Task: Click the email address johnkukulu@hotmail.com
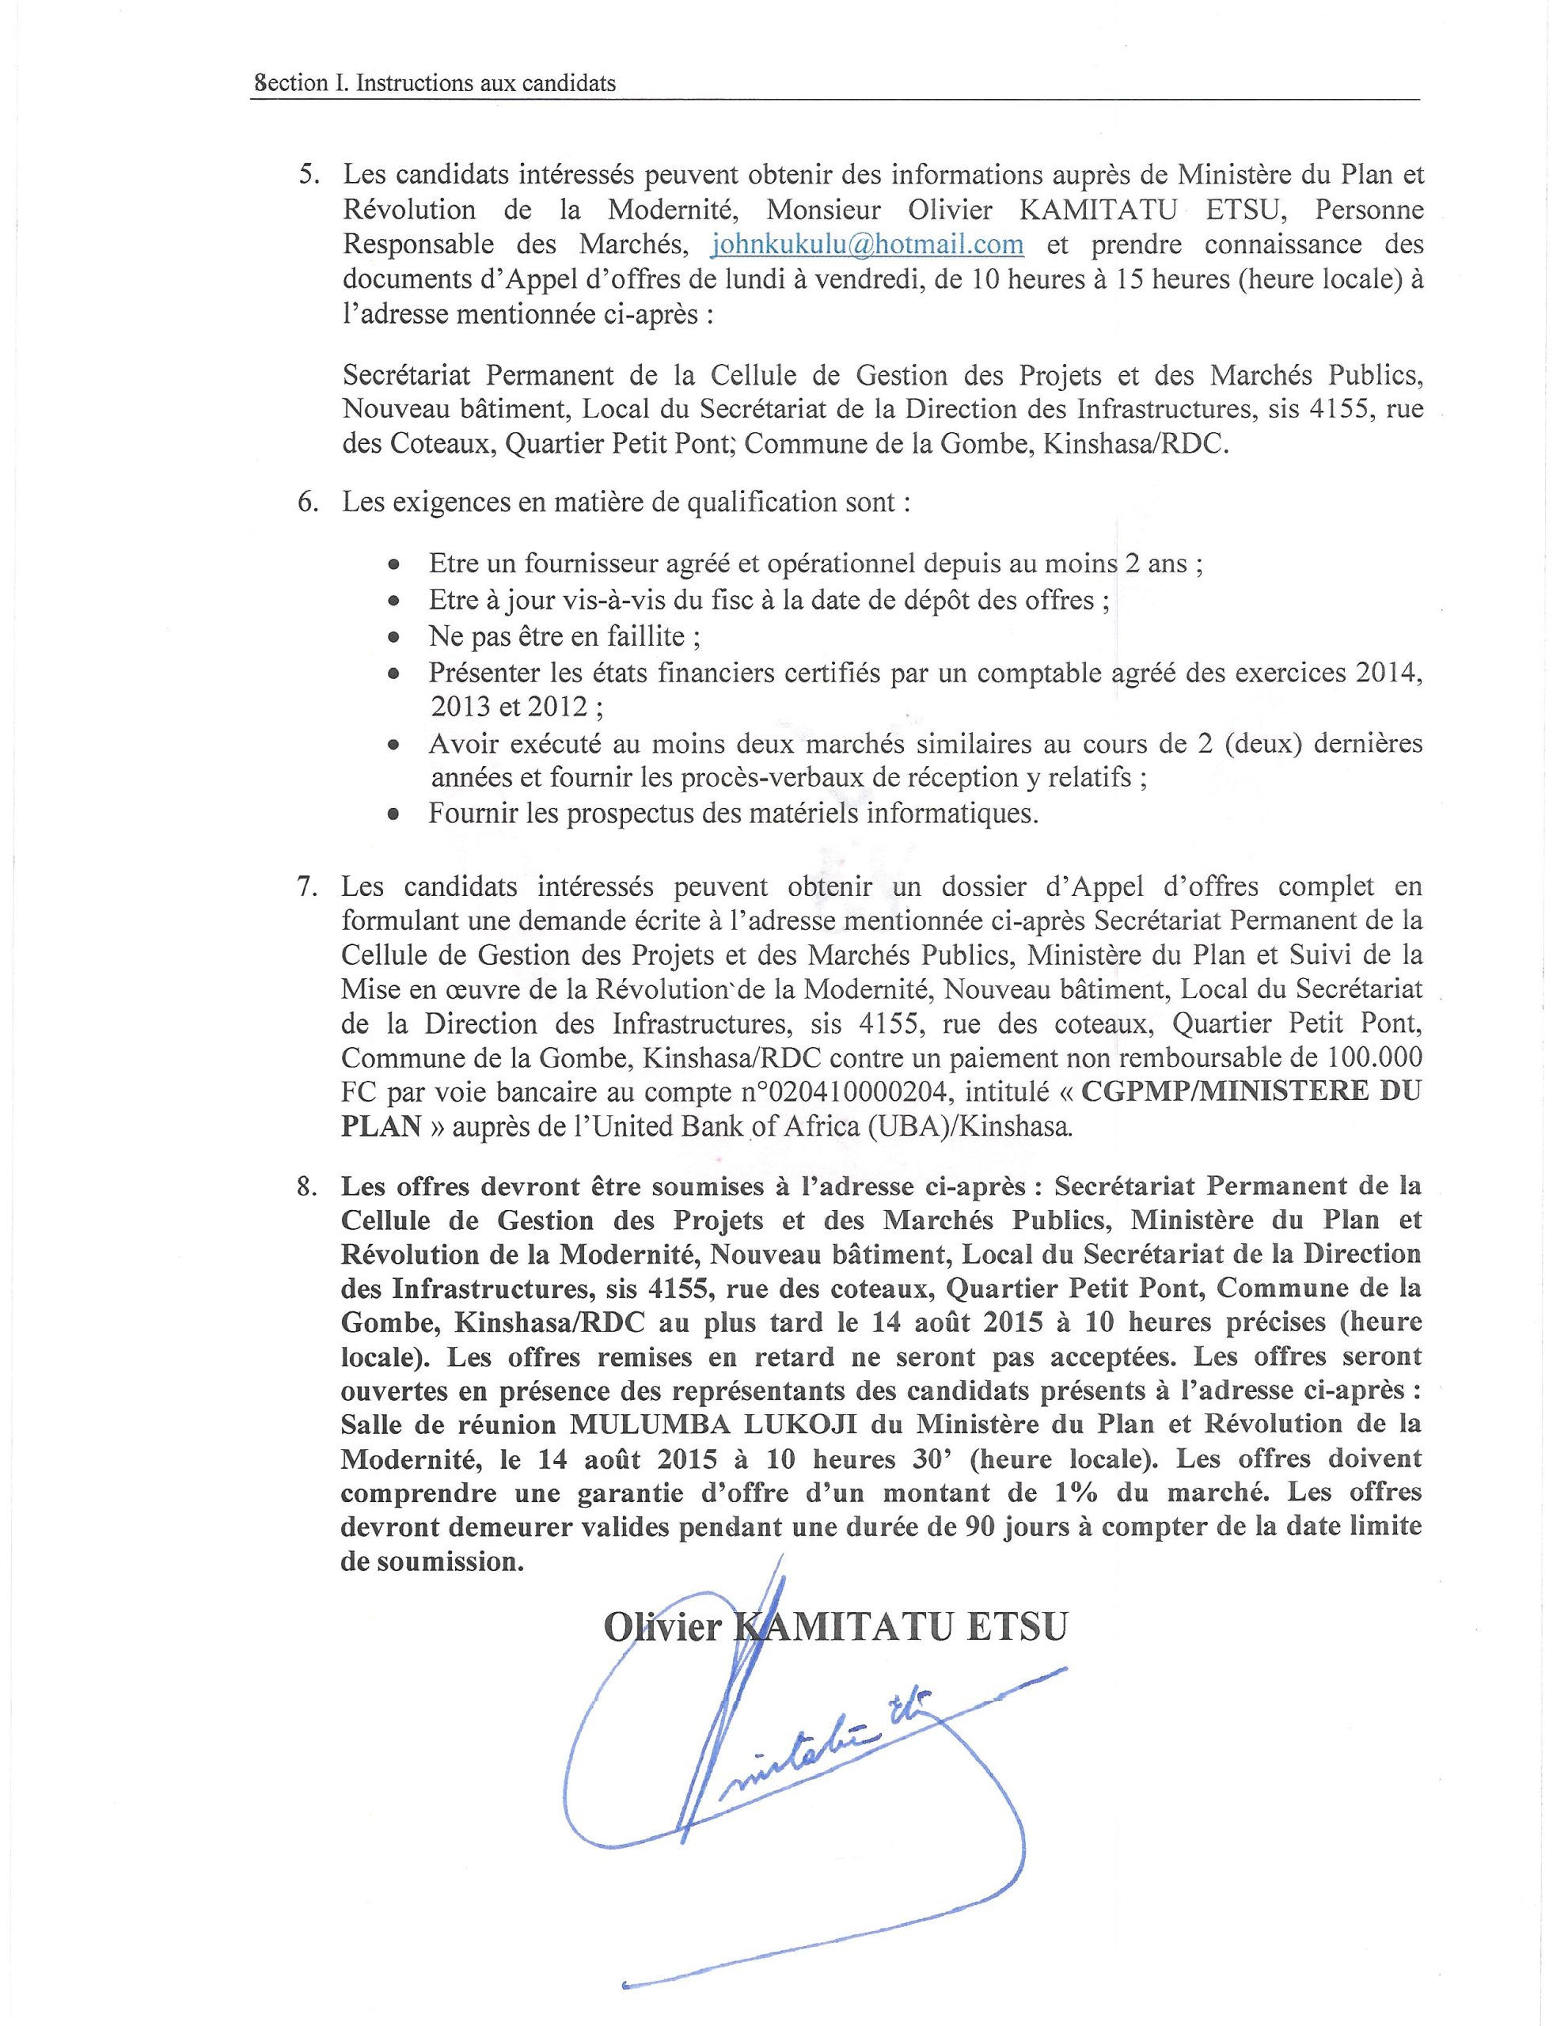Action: (867, 245)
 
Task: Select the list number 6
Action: (307, 503)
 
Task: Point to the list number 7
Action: (307, 887)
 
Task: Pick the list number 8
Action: (307, 1187)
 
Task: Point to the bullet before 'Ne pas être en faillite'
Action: (394, 638)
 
